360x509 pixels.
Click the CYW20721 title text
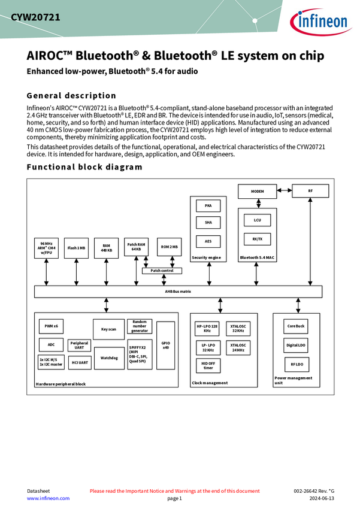(35, 17)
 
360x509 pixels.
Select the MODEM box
(257, 191)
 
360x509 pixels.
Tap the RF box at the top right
(310, 191)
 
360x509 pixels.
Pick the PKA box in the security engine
(208, 205)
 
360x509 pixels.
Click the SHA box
(208, 222)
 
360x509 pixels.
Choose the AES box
(208, 241)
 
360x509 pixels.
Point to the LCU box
(257, 220)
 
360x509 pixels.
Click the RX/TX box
(257, 238)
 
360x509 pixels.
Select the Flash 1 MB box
(76, 248)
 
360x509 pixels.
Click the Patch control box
(162, 271)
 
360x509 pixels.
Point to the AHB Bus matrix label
(178, 291)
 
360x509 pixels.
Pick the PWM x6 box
(51, 326)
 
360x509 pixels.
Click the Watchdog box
(108, 357)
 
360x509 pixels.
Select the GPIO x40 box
(165, 345)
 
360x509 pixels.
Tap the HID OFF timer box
(208, 365)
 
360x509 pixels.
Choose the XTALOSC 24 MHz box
(238, 347)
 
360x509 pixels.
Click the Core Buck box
(296, 326)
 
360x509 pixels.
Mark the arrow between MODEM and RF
(285, 192)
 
